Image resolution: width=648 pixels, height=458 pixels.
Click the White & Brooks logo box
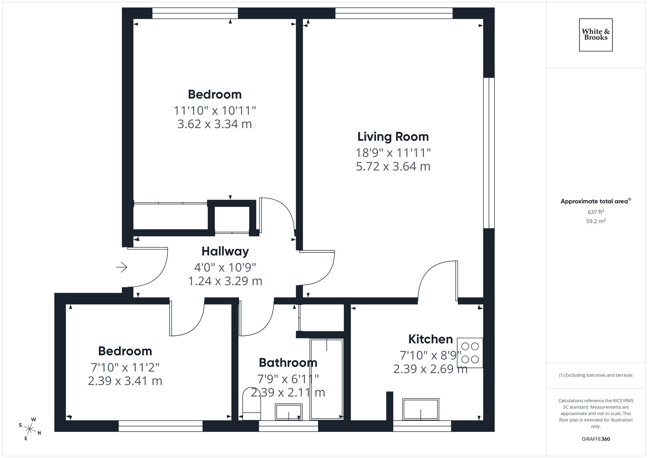click(596, 35)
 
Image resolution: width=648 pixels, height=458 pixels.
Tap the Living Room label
click(393, 137)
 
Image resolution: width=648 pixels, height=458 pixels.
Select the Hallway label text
click(225, 251)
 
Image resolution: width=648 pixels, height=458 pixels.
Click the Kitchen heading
click(430, 339)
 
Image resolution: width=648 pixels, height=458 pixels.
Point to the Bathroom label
click(288, 363)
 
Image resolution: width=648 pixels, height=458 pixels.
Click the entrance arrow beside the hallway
click(122, 267)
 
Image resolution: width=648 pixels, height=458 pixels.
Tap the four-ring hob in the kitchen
click(470, 352)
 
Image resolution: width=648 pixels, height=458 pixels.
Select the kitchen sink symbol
click(421, 409)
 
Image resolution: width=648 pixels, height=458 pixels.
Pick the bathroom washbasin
click(288, 412)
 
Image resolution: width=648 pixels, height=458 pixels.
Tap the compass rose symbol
click(30, 429)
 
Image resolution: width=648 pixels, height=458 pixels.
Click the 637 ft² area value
click(596, 212)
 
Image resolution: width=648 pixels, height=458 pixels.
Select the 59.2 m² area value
click(596, 221)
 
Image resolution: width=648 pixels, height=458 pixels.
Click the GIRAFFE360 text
click(596, 439)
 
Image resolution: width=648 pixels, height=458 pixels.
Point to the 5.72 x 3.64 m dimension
click(393, 166)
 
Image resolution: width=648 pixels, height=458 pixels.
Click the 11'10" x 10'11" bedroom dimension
click(215, 111)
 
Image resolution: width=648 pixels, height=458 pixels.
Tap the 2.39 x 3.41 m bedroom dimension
click(125, 381)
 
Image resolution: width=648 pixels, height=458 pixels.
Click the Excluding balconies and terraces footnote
click(596, 375)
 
